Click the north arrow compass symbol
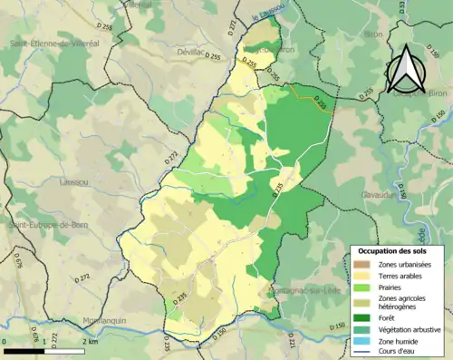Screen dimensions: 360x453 (405, 63)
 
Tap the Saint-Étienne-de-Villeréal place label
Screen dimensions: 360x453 (53, 43)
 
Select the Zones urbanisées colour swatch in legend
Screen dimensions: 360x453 (362, 264)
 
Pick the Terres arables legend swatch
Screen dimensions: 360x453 (362, 275)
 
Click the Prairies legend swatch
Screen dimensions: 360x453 (362, 287)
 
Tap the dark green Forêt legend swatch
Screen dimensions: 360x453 (362, 316)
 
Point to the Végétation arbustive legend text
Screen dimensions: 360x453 (405, 327)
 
